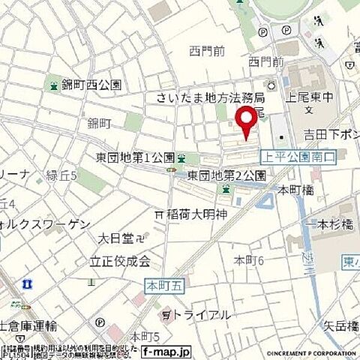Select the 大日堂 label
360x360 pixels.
(116, 238)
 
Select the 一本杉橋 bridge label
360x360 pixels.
(327, 224)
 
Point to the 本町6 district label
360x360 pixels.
(249, 260)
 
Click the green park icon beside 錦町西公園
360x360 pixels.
(53, 85)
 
